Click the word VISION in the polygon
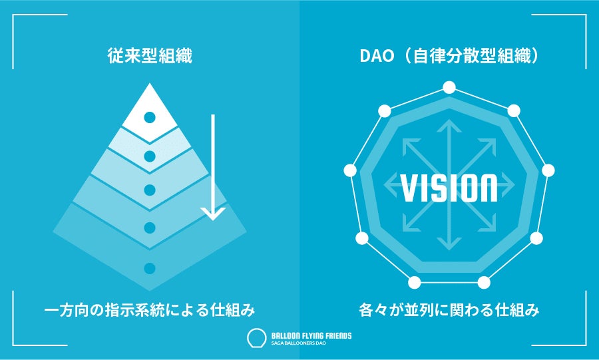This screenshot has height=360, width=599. [449, 188]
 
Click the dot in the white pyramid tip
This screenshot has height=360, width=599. [150, 117]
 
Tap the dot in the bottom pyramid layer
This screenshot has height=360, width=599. [150, 268]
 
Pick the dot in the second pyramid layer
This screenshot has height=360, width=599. [150, 156]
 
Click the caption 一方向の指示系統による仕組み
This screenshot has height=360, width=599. [150, 309]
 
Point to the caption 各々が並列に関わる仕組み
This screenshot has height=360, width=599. [449, 309]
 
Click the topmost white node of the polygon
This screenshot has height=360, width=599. [449, 87]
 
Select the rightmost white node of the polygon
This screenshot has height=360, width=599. [548, 170]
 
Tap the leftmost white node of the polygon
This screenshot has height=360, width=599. [349, 170]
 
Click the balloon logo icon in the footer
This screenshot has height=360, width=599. [254, 337]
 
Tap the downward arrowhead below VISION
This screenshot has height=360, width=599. [449, 244]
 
